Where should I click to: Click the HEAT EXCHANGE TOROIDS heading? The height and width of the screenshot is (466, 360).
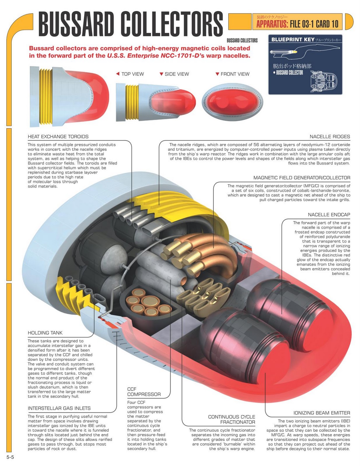[x=58, y=137]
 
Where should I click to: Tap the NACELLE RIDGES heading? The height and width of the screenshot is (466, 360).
[x=330, y=137]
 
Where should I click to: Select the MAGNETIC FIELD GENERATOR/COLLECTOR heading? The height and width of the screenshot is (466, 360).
[x=302, y=178]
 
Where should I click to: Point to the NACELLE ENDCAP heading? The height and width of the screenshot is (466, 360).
[x=329, y=215]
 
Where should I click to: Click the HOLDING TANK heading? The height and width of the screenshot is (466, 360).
[x=45, y=333]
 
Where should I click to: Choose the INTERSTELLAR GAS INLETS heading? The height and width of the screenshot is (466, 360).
[x=59, y=408]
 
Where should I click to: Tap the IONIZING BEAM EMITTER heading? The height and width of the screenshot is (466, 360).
[x=322, y=413]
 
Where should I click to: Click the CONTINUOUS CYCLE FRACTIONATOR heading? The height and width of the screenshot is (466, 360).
[x=231, y=419]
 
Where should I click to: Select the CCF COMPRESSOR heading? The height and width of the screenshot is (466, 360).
[x=144, y=392]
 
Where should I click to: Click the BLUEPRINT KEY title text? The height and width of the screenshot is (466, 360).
[x=293, y=40]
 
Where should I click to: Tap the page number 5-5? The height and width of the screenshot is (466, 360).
[x=10, y=457]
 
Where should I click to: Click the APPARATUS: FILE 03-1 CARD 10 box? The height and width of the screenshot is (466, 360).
[x=297, y=22]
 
